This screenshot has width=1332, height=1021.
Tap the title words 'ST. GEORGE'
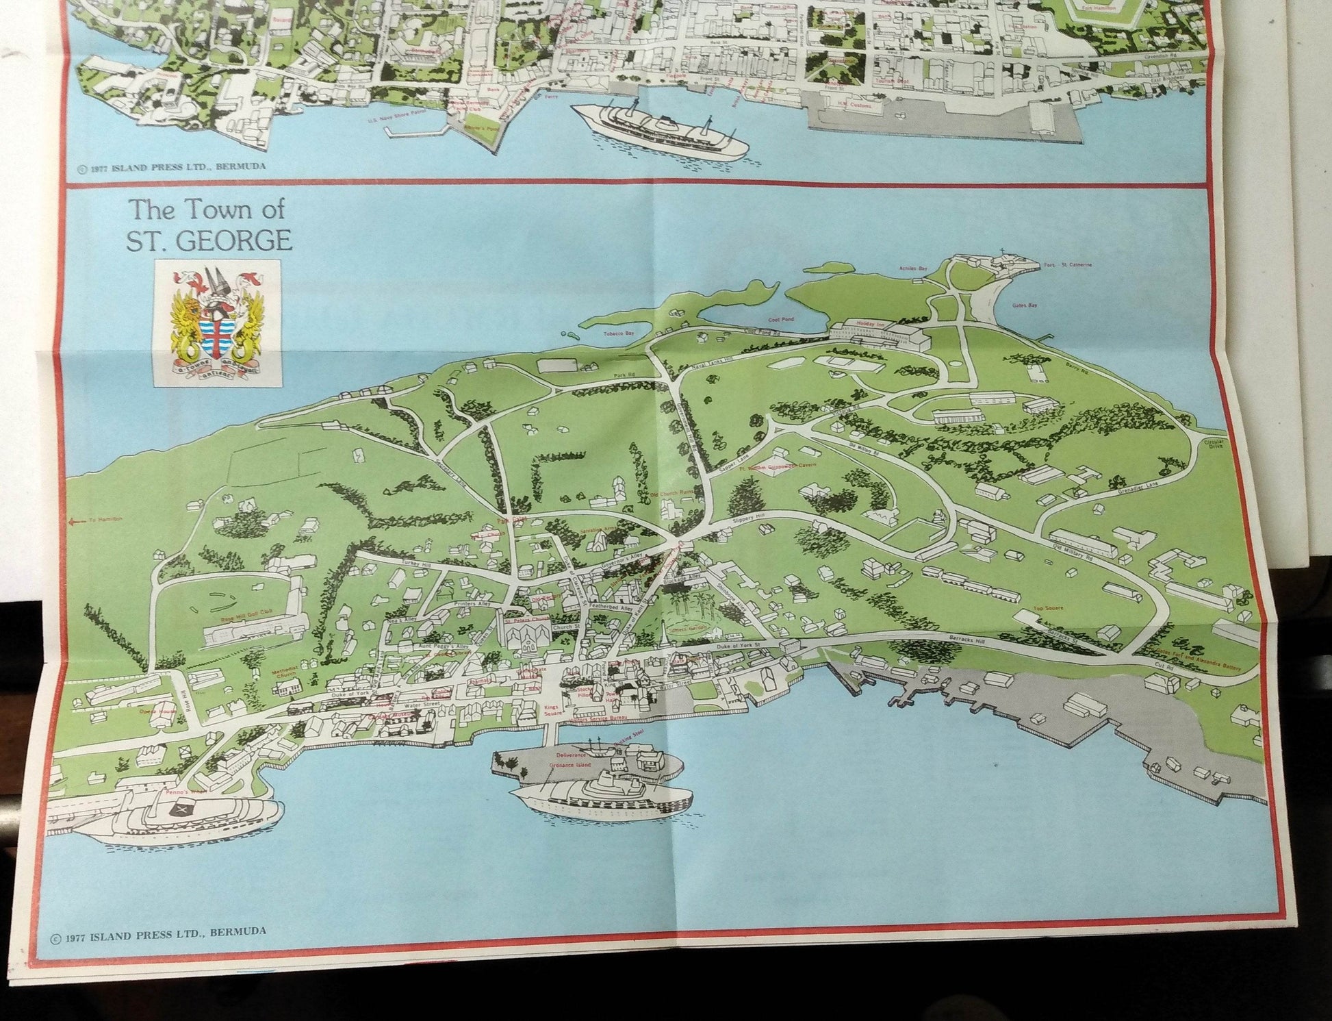pos(212,241)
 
